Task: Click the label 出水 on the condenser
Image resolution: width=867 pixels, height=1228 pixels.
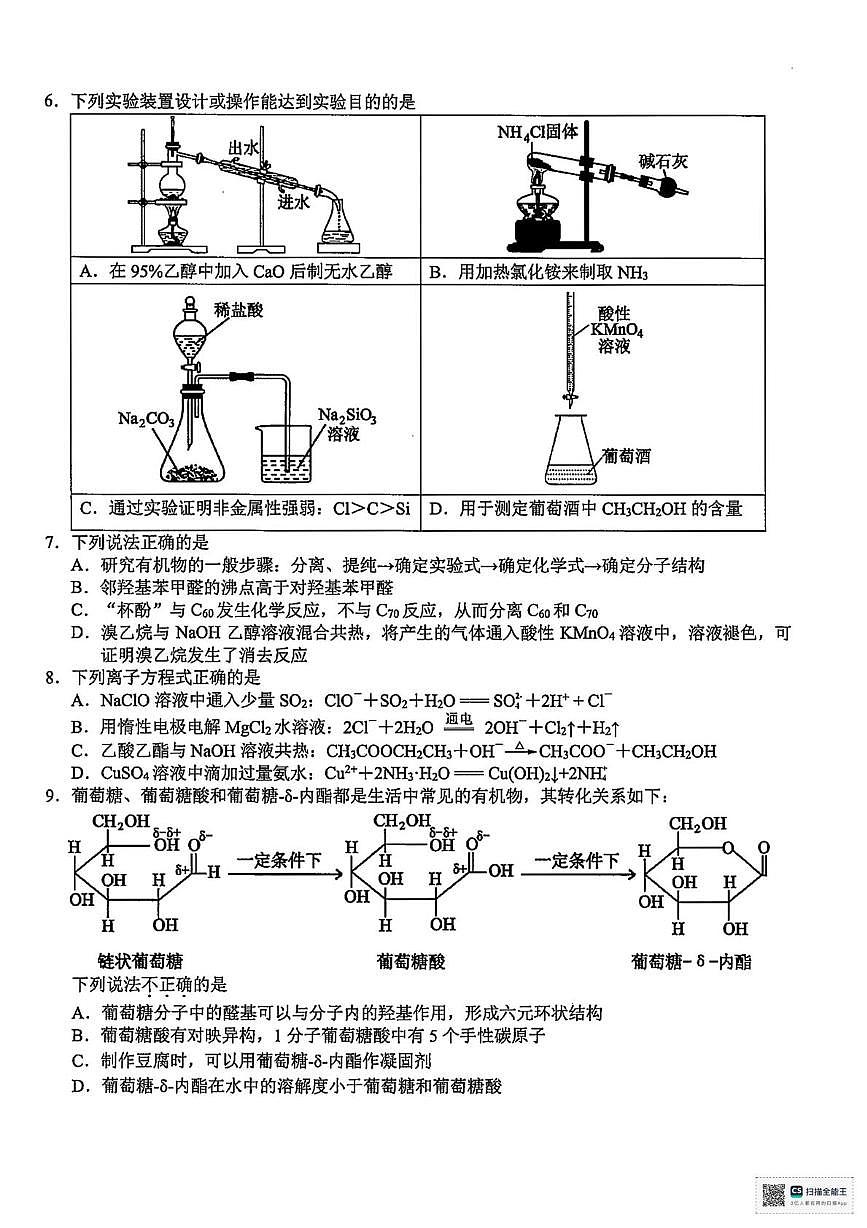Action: click(x=244, y=148)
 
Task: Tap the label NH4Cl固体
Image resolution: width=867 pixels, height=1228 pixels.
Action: click(x=538, y=132)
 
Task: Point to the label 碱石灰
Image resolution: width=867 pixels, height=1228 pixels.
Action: click(x=664, y=161)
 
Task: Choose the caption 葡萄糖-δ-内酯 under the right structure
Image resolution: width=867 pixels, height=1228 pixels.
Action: click(x=691, y=961)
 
